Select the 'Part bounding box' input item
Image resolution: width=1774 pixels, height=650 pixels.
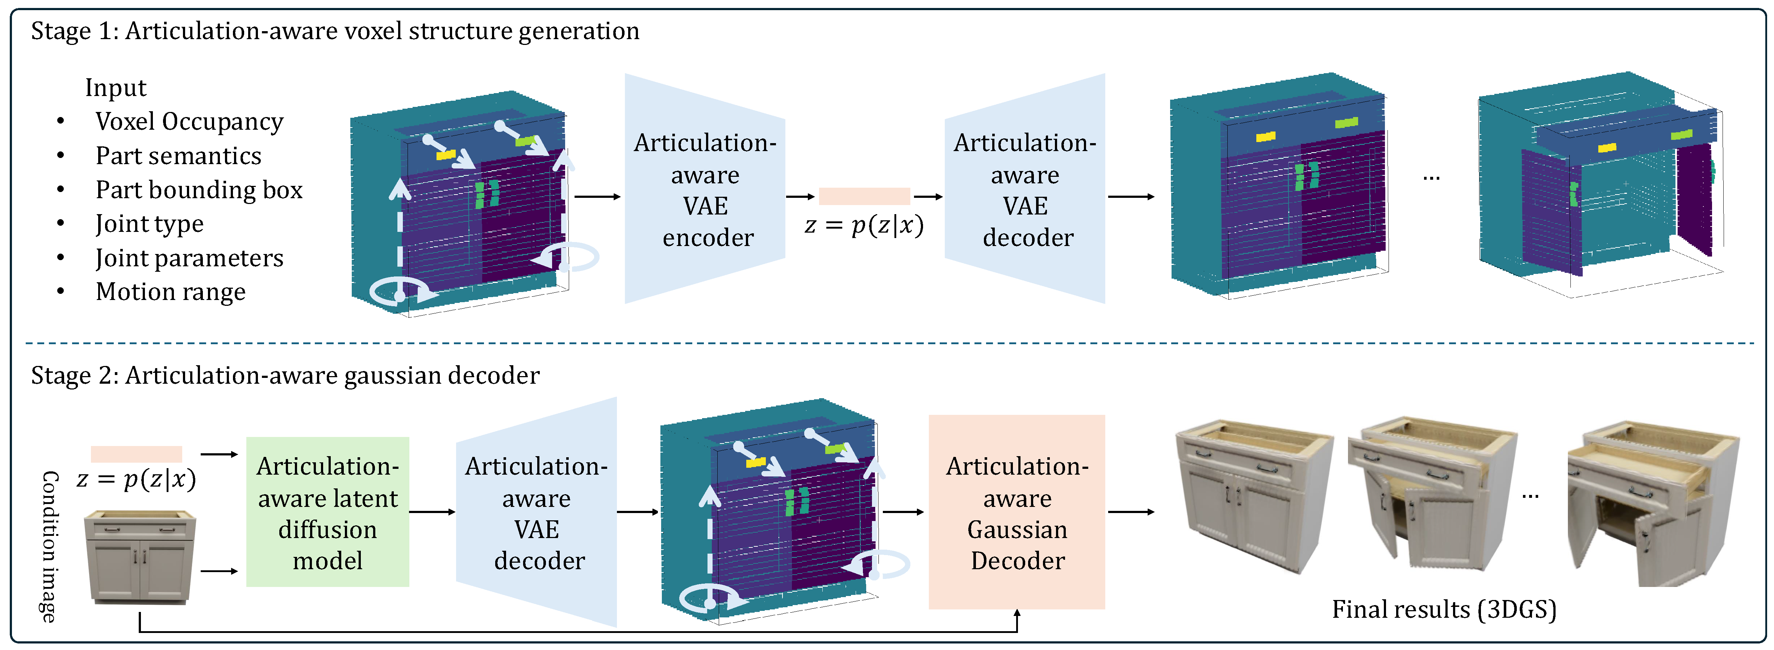pyautogui.click(x=198, y=190)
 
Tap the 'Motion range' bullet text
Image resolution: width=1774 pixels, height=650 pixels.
pyautogui.click(x=170, y=292)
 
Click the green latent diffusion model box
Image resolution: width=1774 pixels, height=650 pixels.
pyautogui.click(x=328, y=512)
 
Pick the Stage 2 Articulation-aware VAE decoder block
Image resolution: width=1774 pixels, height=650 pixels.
pyautogui.click(x=537, y=512)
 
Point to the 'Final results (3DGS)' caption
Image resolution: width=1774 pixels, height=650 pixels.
pyautogui.click(x=1444, y=609)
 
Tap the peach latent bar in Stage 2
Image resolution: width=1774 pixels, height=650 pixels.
pyautogui.click(x=136, y=454)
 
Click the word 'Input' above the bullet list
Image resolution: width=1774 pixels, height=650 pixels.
pyautogui.click(x=116, y=88)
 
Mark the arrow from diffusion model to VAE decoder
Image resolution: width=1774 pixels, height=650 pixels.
pyautogui.click(x=432, y=512)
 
